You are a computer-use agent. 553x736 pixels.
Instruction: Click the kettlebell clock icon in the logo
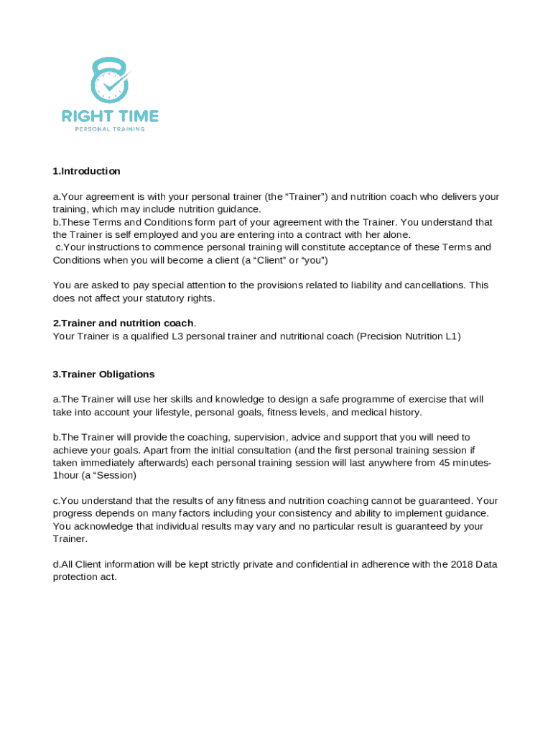point(110,80)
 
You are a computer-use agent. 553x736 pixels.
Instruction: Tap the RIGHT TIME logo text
point(110,116)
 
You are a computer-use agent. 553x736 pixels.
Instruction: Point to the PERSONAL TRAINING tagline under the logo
point(110,129)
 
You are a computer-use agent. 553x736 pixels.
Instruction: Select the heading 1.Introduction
point(86,171)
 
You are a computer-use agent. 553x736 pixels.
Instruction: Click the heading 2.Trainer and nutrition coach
point(123,323)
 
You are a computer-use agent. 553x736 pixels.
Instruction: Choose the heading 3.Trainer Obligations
point(103,374)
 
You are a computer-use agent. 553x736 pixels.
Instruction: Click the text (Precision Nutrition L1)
point(409,336)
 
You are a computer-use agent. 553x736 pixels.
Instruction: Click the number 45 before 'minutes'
point(446,462)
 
